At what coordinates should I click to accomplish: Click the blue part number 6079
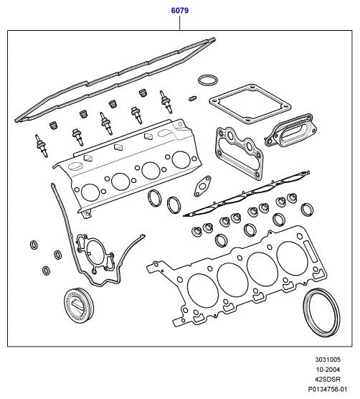point(180,11)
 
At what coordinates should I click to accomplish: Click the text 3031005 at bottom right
point(328,360)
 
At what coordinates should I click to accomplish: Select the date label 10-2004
point(328,370)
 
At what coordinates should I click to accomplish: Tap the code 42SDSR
point(328,379)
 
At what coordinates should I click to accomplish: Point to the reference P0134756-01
point(328,389)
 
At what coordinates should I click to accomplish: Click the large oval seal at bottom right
point(305,314)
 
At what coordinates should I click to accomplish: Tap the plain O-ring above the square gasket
point(208,76)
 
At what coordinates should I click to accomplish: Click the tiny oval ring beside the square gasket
point(193,98)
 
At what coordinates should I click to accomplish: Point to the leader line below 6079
point(180,23)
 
